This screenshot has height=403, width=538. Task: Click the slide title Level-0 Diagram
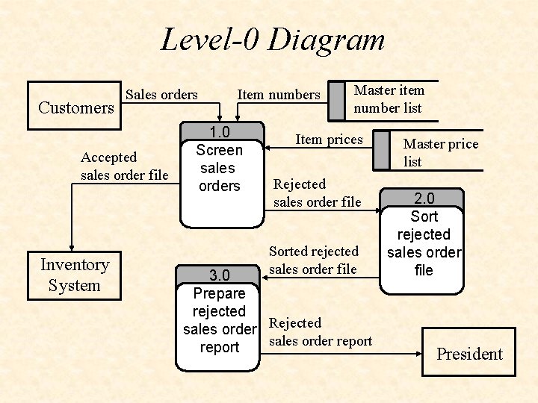pos(273,40)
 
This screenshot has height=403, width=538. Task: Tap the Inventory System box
pos(74,275)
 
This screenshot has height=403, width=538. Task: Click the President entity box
pos(469,354)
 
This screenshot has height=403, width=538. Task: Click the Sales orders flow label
pos(161,95)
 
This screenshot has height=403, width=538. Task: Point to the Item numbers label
pos(278,95)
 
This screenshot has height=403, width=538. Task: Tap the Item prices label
pos(329,140)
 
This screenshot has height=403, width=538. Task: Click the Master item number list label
pos(388,99)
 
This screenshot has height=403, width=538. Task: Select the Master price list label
pos(440,153)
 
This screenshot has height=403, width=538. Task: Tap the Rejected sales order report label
pos(320,332)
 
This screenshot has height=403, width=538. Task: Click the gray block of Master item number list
pos(336,100)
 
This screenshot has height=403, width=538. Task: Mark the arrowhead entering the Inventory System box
pos(72,249)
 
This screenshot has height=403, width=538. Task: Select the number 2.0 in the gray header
pos(423,199)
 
